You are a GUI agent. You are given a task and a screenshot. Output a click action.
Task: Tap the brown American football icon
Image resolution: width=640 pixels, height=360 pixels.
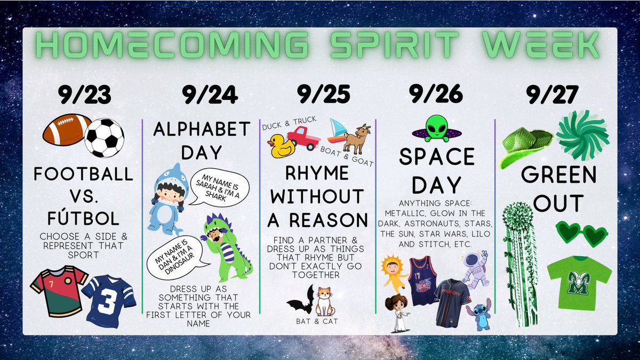coord(66,129)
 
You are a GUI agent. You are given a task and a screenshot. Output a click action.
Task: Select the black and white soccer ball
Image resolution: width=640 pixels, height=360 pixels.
coord(105,138)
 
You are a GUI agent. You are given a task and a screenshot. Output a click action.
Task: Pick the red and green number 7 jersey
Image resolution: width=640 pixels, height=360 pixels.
coord(58,290)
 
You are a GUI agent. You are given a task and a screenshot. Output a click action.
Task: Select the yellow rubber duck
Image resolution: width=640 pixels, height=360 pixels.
coord(281,146)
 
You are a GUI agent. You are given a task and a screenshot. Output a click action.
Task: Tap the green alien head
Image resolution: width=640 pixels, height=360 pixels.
coord(437,127)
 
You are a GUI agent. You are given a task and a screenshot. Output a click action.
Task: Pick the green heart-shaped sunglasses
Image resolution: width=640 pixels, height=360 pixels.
coord(581,234)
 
